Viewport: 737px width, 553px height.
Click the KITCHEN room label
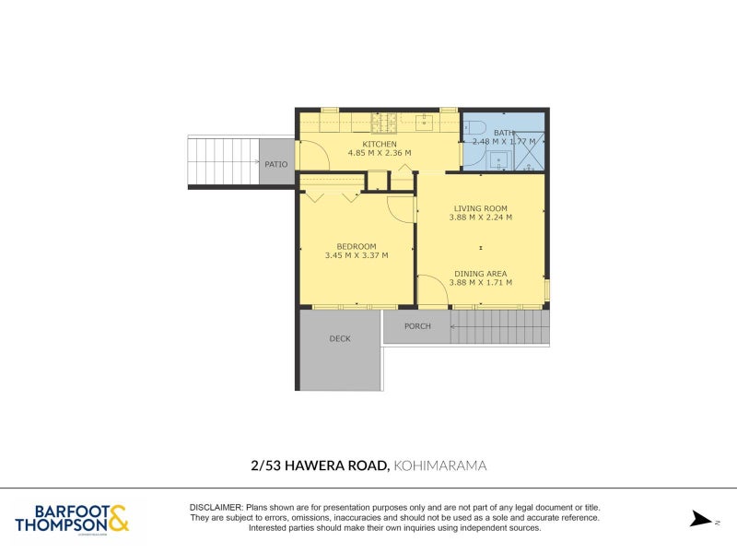379,145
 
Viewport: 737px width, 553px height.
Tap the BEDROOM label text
356,246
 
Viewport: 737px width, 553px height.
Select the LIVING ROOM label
480,208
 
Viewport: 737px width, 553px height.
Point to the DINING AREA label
480,274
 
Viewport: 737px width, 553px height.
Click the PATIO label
276,164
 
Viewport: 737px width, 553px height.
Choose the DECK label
340,339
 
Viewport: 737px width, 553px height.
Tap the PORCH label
417,326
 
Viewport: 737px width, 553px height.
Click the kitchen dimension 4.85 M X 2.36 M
379,153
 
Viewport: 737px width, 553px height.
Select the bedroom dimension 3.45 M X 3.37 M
356,255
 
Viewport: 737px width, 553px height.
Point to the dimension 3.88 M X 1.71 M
480,282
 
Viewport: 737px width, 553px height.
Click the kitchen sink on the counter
426,119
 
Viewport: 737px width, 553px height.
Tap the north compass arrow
701,519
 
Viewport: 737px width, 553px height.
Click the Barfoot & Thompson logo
72,518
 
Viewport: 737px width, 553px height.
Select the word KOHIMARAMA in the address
439,466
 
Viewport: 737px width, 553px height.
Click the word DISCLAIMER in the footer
216,508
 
